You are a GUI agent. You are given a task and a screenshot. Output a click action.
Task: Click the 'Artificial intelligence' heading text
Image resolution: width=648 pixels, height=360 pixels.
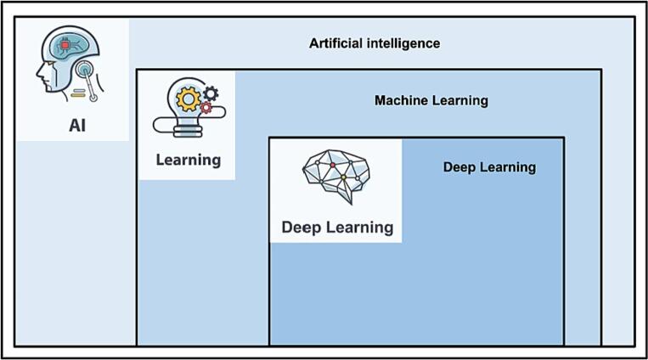375,43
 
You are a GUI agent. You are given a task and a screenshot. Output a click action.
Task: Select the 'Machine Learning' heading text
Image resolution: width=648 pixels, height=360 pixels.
431,100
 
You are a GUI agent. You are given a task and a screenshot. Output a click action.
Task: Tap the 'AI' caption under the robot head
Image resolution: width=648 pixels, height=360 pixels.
78,127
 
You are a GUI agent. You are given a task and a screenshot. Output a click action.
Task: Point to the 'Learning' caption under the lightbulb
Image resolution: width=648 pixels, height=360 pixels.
188,160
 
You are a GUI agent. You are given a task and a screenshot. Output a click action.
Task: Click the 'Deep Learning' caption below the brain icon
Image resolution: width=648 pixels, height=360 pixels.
337,227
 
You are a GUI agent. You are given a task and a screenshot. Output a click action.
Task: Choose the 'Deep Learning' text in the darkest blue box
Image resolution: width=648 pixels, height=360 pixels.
489,167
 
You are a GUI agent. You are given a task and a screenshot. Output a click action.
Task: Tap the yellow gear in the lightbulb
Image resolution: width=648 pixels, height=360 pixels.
188,98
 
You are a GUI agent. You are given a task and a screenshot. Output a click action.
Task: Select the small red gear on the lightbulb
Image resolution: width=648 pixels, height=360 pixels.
206,108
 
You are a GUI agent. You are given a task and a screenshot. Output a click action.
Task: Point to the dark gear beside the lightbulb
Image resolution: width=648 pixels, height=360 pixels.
211,92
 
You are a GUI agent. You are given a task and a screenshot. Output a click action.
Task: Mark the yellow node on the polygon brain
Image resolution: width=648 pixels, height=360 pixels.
343,177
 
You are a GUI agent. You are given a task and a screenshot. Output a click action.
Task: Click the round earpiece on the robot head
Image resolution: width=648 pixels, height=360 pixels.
86,67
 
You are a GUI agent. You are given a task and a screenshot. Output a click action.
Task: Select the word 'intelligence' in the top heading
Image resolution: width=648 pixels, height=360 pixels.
403,43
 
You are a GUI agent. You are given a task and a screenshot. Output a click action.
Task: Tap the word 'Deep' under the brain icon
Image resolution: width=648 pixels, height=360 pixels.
301,227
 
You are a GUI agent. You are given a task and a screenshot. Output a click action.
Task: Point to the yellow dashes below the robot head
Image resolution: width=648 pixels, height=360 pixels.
77,91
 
